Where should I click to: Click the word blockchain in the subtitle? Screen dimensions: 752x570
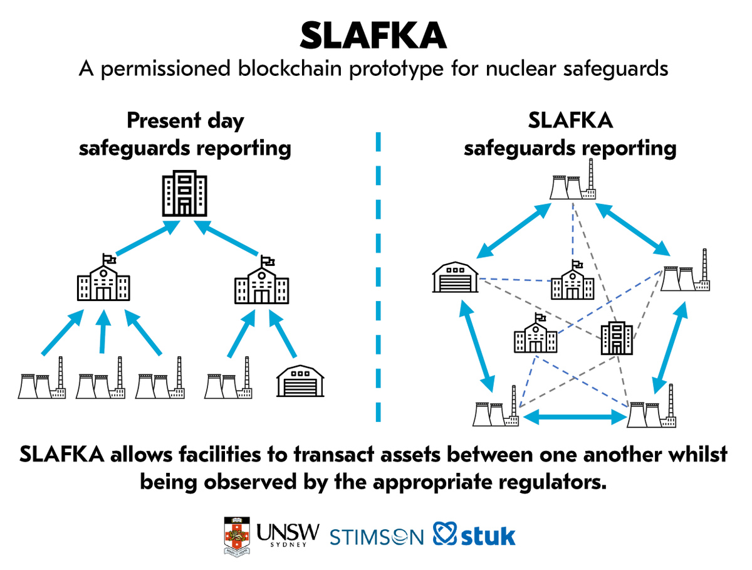tap(290, 68)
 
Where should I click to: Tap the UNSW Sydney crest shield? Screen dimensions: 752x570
tap(236, 536)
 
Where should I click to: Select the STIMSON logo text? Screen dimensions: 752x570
tap(377, 537)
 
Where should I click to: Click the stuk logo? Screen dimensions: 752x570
tap(474, 534)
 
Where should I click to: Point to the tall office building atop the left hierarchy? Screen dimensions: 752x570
tap(184, 193)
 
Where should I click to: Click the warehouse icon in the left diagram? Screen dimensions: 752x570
tap(300, 381)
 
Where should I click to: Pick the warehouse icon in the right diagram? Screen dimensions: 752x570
tap(456, 277)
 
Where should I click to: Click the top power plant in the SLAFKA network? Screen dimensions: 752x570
tap(573, 184)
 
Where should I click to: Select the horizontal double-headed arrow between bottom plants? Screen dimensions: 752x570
tap(573, 417)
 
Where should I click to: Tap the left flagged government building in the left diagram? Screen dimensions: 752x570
tap(103, 277)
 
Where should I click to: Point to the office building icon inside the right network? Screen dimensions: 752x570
tap(617, 337)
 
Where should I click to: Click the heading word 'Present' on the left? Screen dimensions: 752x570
tap(164, 120)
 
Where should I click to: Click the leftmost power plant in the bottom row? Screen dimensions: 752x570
tap(42, 377)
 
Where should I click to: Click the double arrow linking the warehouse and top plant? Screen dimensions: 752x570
tap(513, 230)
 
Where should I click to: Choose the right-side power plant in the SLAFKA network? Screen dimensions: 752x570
tap(685, 270)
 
